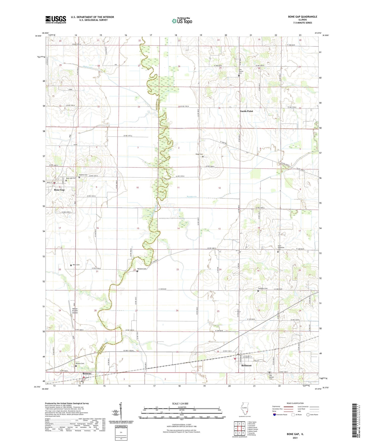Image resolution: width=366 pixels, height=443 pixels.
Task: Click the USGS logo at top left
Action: (x=56, y=20)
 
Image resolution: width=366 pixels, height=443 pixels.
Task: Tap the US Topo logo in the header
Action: (x=182, y=21)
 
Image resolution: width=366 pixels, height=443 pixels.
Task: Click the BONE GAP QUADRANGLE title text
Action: (x=302, y=17)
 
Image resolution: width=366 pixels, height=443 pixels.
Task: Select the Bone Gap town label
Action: (x=59, y=190)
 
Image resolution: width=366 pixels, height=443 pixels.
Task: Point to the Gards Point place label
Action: (x=246, y=111)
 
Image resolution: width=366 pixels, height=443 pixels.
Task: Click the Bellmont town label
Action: (x=246, y=366)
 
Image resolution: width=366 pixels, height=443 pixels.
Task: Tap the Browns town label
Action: (x=87, y=374)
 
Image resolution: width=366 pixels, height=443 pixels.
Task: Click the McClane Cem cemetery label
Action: (x=142, y=269)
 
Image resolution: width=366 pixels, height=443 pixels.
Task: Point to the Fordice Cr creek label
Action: (x=192, y=197)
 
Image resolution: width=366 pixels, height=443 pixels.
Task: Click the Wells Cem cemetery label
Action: (x=76, y=265)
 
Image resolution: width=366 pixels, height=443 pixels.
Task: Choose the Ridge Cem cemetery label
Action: (x=199, y=154)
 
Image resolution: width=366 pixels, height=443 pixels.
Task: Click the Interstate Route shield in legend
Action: (x=275, y=415)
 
